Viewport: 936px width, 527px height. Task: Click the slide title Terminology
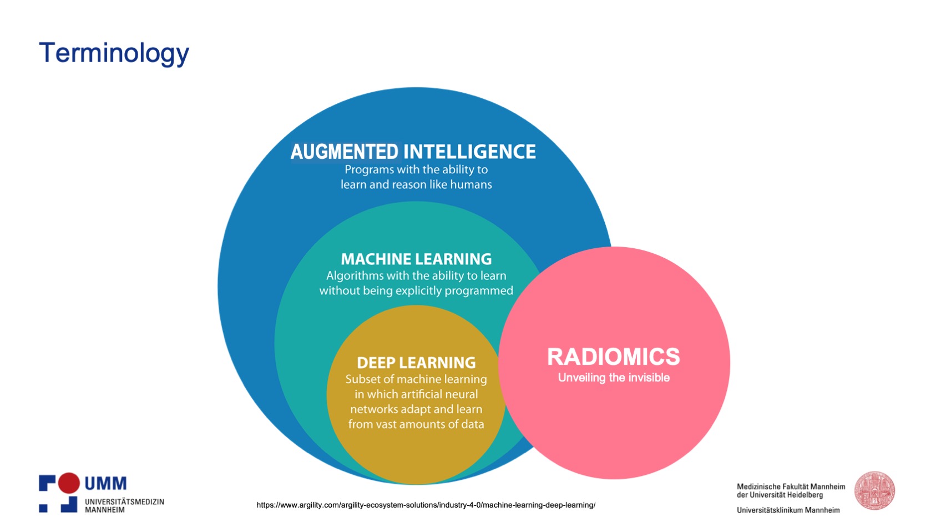[114, 53]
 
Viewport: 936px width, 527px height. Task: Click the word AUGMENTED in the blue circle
[344, 152]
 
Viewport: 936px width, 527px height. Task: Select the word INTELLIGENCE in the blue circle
[469, 152]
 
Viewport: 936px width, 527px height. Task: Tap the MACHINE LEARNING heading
[416, 259]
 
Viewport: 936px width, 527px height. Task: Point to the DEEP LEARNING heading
[416, 363]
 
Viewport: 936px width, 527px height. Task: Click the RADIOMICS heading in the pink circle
[613, 357]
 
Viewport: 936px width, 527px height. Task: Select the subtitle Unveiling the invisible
[614, 378]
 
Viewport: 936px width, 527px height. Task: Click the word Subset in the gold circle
[363, 379]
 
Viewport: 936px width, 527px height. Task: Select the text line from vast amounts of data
[416, 424]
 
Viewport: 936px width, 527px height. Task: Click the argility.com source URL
[426, 505]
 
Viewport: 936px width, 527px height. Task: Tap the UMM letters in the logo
[105, 484]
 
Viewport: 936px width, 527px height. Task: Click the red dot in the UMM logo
[69, 483]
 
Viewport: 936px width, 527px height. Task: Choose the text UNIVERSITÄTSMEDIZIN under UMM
[124, 501]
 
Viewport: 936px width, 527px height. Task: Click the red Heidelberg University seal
[874, 491]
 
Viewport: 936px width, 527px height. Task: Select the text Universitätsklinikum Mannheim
[788, 510]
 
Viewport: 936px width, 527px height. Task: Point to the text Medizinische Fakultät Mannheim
[791, 486]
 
